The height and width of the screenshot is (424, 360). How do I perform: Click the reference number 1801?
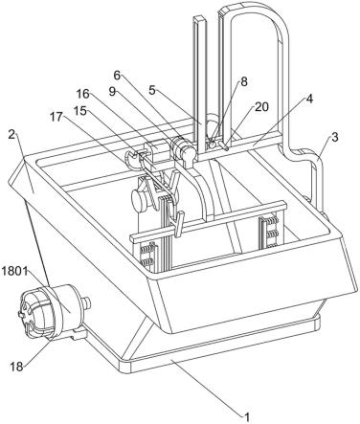coord(13,271)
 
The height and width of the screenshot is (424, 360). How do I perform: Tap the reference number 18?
coord(16,367)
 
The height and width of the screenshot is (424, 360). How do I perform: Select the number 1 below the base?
coord(247,417)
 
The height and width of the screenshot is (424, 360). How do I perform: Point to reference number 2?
coord(11,134)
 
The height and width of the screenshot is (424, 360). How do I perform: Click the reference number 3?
coord(334,138)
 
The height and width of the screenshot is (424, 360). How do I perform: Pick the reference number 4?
coord(309,100)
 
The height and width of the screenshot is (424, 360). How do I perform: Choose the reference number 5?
coord(152,90)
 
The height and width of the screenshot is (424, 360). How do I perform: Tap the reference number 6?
coord(118,76)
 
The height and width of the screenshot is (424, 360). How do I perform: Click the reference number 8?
coord(244,82)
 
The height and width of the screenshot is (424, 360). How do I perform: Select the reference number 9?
coord(112,92)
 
